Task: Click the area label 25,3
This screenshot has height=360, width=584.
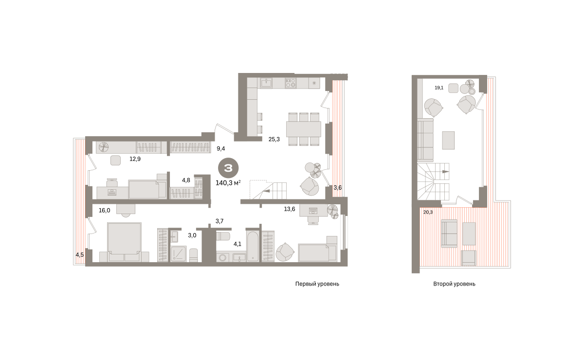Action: pos(274,140)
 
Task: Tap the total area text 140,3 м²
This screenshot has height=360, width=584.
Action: pos(228,183)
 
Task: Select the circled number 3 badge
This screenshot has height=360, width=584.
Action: pos(228,168)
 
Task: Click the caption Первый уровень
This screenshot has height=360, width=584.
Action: pos(317,284)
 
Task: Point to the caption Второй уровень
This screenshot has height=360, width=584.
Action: pos(454,284)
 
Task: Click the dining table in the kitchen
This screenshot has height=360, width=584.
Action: pos(304,129)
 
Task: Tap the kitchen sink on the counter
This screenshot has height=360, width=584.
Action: pos(266,83)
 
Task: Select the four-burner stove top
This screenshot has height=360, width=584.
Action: pos(291,83)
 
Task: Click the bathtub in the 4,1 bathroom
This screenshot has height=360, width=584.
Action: pos(253,246)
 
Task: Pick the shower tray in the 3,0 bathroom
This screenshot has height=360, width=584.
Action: pos(179,253)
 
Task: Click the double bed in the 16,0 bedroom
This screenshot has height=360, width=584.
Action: pos(125,238)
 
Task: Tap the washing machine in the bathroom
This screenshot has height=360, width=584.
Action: pos(223,257)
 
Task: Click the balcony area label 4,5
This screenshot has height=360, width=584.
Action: pos(79,254)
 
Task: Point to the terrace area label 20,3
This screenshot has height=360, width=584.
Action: pos(428,212)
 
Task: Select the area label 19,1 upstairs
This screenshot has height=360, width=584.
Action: pos(439,88)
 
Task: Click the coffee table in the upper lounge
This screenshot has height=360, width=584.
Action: pos(448,140)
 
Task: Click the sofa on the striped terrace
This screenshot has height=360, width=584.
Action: pos(449,234)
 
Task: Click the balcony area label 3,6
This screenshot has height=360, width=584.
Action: pos(338,188)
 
